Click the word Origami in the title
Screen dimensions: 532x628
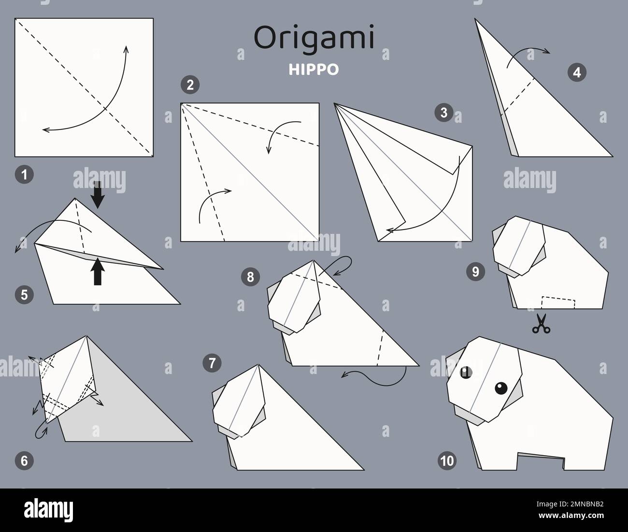[314, 39]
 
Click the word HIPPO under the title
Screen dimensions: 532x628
[314, 70]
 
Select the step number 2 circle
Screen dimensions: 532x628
[190, 86]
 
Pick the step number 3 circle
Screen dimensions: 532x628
[443, 113]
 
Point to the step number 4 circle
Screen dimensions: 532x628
[577, 72]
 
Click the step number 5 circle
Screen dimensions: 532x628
[24, 294]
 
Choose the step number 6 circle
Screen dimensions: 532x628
[24, 461]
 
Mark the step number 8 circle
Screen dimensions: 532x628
[250, 276]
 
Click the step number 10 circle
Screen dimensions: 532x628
[448, 461]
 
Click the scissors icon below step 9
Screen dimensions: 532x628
[541, 324]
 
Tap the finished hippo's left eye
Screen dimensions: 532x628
[466, 372]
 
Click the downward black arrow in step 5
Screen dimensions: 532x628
[98, 195]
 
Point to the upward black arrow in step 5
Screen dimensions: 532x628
[98, 272]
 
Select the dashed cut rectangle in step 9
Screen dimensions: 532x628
[558, 302]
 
